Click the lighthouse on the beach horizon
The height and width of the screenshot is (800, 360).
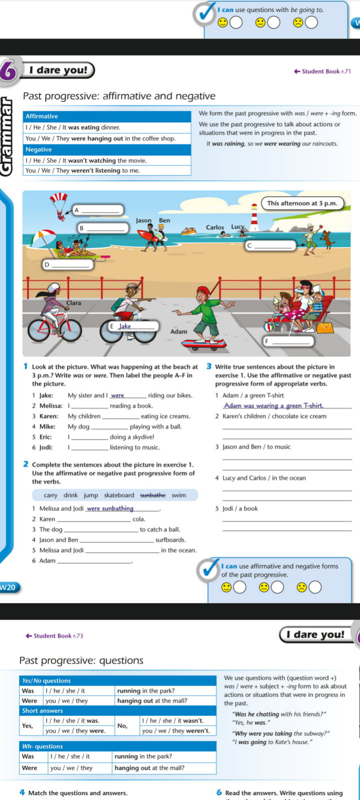254,218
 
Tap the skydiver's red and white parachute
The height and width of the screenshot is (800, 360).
58,199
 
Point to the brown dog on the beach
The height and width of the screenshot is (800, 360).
327,238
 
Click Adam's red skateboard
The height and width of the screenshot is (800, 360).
202,343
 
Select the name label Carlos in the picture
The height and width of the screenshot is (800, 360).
215,227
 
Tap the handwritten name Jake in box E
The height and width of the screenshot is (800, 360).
125,326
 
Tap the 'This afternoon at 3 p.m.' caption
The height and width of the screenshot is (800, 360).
302,203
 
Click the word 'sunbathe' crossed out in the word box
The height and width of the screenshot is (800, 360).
152,495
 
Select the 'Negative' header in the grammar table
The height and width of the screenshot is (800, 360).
39,149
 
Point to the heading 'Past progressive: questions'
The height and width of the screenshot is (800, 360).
81,660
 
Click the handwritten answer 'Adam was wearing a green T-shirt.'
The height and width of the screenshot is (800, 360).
273,405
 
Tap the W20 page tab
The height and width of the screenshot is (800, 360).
8,587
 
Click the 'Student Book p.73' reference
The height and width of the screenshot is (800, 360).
54,636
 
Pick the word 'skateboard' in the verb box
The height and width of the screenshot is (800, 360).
119,495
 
